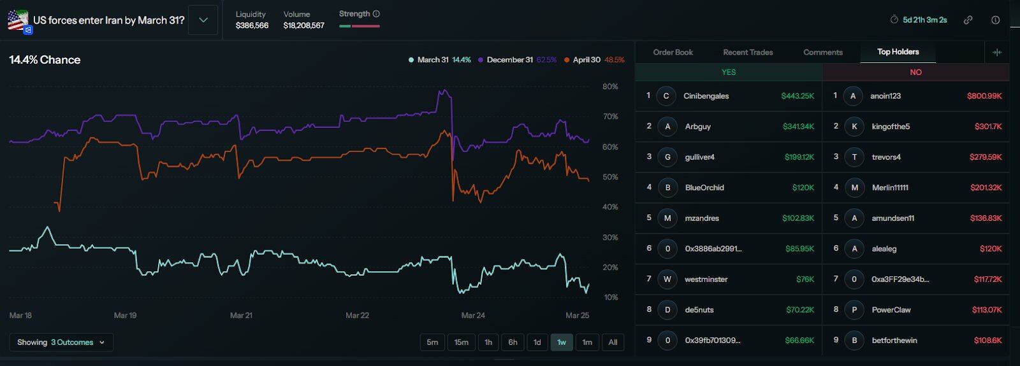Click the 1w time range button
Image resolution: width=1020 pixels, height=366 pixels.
[x=562, y=342]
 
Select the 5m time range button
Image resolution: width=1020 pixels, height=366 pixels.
[x=432, y=342]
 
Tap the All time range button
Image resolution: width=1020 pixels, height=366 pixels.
[x=613, y=342]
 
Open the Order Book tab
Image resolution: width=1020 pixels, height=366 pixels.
[x=673, y=52]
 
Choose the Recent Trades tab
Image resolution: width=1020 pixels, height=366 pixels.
[x=748, y=52]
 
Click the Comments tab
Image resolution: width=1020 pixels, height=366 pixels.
[x=823, y=52]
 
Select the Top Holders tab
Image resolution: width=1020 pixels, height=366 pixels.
[x=898, y=52]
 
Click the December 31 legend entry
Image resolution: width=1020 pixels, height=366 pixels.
[x=509, y=60]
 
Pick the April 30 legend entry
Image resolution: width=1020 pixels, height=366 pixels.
[x=586, y=60]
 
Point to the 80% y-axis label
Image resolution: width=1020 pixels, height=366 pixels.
[x=610, y=87]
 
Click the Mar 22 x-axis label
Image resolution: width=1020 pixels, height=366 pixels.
[x=357, y=315]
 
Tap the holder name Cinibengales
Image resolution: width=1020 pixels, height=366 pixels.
[x=706, y=96]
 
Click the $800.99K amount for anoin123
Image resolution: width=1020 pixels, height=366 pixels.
[x=984, y=96]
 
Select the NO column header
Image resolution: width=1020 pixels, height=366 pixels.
[x=915, y=72]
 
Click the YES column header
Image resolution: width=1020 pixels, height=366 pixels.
[x=729, y=72]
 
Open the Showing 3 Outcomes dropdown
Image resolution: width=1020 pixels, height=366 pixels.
[x=61, y=342]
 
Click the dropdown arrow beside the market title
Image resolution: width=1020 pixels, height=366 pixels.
[x=203, y=20]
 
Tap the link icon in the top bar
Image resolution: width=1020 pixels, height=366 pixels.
[x=968, y=20]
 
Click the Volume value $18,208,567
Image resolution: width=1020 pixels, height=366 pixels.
[x=304, y=25]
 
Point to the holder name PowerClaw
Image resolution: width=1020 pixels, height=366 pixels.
[x=891, y=310]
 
